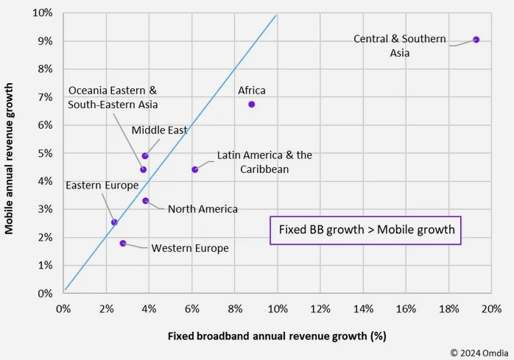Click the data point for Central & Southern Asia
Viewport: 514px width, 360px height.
476,40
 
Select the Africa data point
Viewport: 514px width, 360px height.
251,105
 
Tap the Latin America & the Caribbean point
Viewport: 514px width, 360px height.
194,169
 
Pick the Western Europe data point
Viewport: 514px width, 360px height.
123,243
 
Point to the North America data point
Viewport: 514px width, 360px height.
145,200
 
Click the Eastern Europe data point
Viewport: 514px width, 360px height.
114,222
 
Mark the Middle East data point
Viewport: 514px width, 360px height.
145,156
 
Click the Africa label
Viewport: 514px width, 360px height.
252,91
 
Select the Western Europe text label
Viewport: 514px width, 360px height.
190,248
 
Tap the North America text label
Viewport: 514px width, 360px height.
203,209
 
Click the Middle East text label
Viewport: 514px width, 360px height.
159,130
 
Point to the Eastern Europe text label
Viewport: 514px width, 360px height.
102,186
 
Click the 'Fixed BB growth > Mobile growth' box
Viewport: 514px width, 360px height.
366,230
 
